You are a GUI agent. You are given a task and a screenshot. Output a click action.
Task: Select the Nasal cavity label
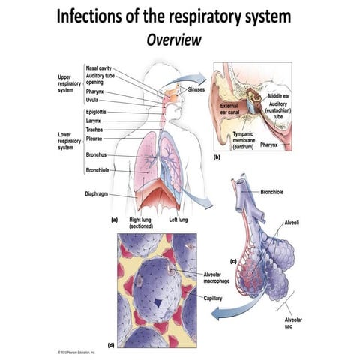click(99, 67)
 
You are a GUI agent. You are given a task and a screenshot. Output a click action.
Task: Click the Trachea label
click(97, 130)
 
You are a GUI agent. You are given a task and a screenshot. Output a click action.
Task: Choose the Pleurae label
click(97, 138)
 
